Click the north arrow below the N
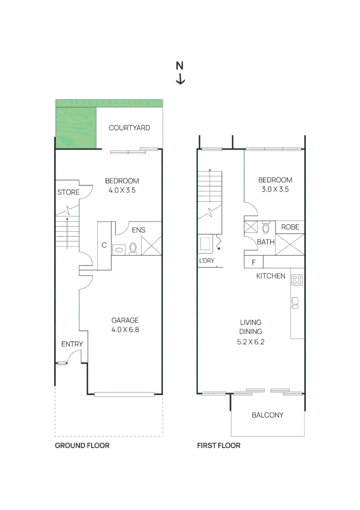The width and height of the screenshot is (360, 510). [180, 79]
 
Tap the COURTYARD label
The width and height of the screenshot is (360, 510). [129, 128]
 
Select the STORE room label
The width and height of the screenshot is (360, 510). [68, 192]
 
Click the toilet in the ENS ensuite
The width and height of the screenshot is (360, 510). [133, 248]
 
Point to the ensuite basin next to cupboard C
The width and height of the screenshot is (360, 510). [119, 249]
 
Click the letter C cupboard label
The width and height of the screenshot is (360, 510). [104, 245]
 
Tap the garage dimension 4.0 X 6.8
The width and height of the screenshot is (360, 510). [125, 330]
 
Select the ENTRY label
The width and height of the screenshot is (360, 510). [72, 344]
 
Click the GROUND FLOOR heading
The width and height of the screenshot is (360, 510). [82, 446]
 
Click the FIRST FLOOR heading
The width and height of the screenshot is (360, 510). [218, 446]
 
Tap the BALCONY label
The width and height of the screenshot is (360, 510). [268, 415]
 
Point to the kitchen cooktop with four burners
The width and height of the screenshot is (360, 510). [297, 280]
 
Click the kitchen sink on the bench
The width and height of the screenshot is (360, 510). [295, 303]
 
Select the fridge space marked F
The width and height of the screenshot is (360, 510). [254, 262]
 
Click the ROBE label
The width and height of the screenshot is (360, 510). [290, 227]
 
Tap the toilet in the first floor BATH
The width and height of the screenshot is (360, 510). [266, 227]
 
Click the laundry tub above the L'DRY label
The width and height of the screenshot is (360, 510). [205, 244]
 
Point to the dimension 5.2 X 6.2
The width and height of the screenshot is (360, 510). [251, 342]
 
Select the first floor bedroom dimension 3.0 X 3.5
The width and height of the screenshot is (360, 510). [275, 189]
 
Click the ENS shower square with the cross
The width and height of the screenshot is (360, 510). [151, 246]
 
